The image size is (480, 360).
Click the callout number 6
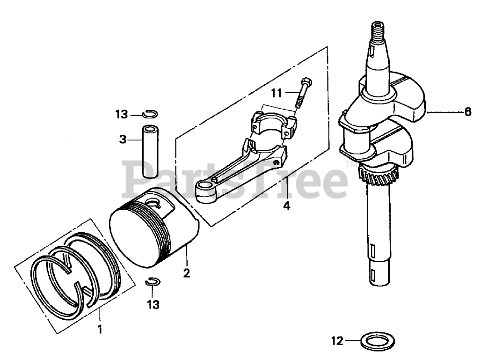tap(467, 112)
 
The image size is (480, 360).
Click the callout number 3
tap(122, 139)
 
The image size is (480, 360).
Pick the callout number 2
tap(187, 273)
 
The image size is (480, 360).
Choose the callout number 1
tap(99, 330)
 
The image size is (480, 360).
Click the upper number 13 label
tap(122, 114)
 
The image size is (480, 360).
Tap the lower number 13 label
tap(153, 305)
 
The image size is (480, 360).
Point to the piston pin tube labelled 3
tap(150, 151)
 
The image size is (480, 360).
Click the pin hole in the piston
tap(154, 202)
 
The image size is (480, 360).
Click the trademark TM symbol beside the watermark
tap(350, 164)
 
